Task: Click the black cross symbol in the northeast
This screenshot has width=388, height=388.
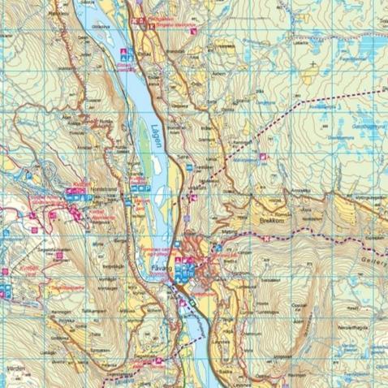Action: coord(313,63)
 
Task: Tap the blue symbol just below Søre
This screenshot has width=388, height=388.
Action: coord(189,166)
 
